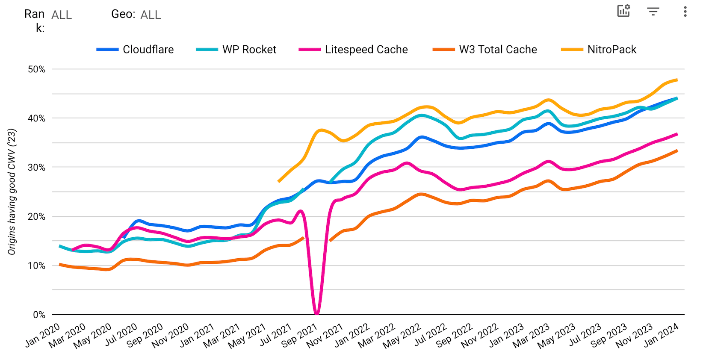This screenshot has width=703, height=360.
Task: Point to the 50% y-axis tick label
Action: tap(36, 69)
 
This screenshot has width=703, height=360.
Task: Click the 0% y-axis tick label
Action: tap(39, 315)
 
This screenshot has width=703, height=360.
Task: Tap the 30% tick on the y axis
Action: tap(36, 168)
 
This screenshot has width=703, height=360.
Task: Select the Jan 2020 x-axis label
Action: tap(43, 336)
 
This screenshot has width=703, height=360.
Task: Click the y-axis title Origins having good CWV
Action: tap(12, 192)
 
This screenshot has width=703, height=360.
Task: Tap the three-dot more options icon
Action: tap(685, 12)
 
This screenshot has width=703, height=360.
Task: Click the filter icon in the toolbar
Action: tap(653, 12)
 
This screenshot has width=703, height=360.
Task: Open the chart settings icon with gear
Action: tap(624, 11)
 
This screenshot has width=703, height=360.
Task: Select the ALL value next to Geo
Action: tap(151, 15)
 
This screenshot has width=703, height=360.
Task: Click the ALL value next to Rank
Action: tap(62, 15)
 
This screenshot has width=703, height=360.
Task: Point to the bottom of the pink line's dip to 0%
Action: tap(317, 313)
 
